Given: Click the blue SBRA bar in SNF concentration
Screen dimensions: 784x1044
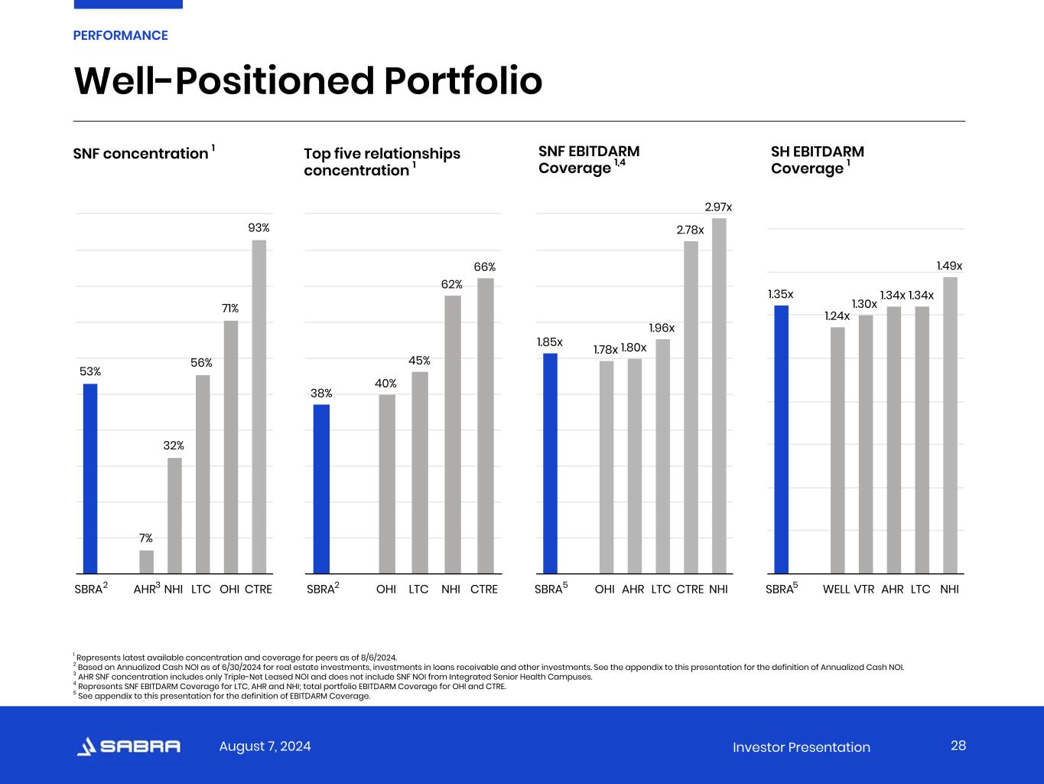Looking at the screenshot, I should tap(90, 479).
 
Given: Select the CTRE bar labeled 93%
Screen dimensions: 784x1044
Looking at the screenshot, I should tap(259, 407).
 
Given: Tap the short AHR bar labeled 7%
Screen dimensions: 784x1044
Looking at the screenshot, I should tap(146, 562).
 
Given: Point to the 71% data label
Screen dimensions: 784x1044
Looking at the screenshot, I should tap(230, 309).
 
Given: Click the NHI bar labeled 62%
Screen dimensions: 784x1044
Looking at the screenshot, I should tap(453, 434).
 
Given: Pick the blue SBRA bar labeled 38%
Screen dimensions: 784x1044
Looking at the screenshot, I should tap(321, 488).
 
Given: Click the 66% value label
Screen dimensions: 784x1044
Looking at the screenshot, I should tap(485, 267).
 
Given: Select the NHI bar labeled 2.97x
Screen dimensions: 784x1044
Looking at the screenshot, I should tap(719, 396).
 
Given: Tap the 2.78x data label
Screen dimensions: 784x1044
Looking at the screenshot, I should tap(690, 230).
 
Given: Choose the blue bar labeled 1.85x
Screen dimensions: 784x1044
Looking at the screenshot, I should tap(550, 463).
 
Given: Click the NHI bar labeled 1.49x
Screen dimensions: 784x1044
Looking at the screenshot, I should tap(950, 425).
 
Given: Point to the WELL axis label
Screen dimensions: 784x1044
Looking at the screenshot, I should tap(836, 590).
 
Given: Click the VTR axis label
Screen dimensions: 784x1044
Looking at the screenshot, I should tap(864, 590).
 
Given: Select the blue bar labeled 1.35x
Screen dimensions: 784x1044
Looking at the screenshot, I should tap(781, 439).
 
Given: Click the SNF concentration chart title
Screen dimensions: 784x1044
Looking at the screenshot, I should tap(141, 153).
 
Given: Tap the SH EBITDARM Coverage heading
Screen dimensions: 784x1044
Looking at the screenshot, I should tap(817, 160).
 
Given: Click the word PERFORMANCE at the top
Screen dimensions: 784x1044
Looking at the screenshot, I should tap(120, 35).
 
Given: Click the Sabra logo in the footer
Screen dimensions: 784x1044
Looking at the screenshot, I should tap(128, 746).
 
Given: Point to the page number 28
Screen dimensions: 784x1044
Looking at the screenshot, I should tap(958, 746).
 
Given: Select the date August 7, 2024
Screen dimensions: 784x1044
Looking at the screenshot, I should tap(265, 746).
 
